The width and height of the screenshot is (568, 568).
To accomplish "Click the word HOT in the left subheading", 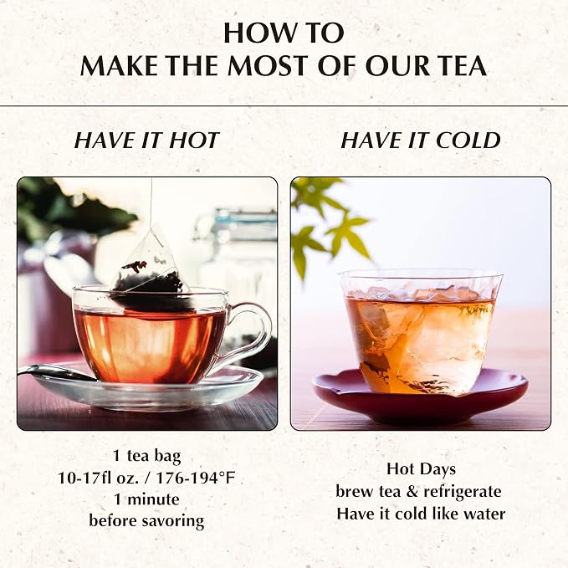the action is pyautogui.click(x=194, y=141).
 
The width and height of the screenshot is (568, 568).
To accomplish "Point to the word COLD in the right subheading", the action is pyautogui.click(x=468, y=141).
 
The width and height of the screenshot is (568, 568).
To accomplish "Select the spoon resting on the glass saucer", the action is pyautogui.click(x=58, y=373).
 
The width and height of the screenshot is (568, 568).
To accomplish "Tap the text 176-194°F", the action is pyautogui.click(x=196, y=478).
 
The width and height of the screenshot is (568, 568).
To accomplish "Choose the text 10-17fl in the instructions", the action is pyautogui.click(x=84, y=478).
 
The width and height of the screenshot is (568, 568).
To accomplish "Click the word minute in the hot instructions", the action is pyautogui.click(x=153, y=499).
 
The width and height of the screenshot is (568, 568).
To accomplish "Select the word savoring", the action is pyautogui.click(x=173, y=522).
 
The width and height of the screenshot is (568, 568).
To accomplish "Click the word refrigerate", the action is pyautogui.click(x=463, y=492).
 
